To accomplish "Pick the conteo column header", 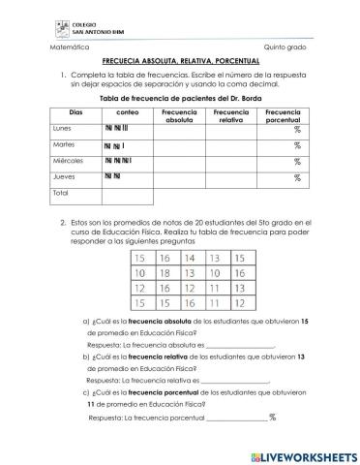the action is [x=127, y=112].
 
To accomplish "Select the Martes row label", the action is [x=64, y=144].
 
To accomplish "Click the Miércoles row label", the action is [x=68, y=161].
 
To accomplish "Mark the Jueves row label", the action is [x=63, y=177].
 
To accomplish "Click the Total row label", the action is [x=61, y=194].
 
